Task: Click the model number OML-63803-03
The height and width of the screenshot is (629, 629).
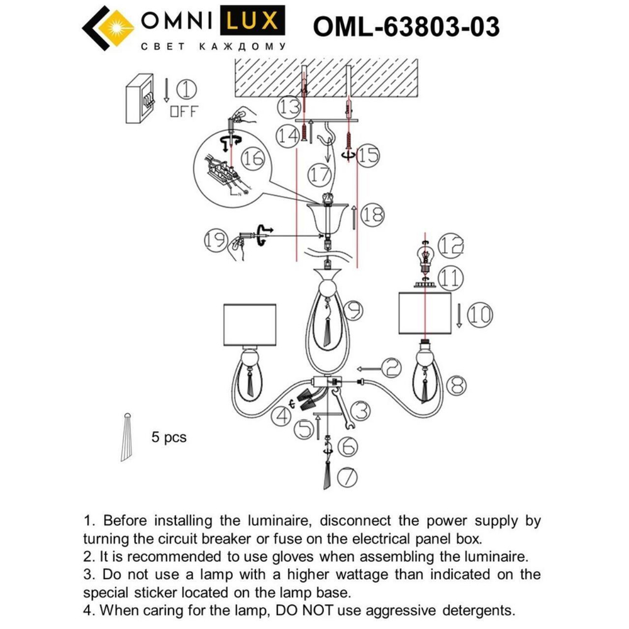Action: pyautogui.click(x=406, y=26)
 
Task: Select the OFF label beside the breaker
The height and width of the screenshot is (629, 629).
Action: pyautogui.click(x=184, y=112)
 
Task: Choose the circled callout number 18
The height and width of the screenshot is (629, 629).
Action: pyautogui.click(x=372, y=215)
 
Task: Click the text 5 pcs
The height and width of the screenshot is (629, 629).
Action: pyautogui.click(x=169, y=437)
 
